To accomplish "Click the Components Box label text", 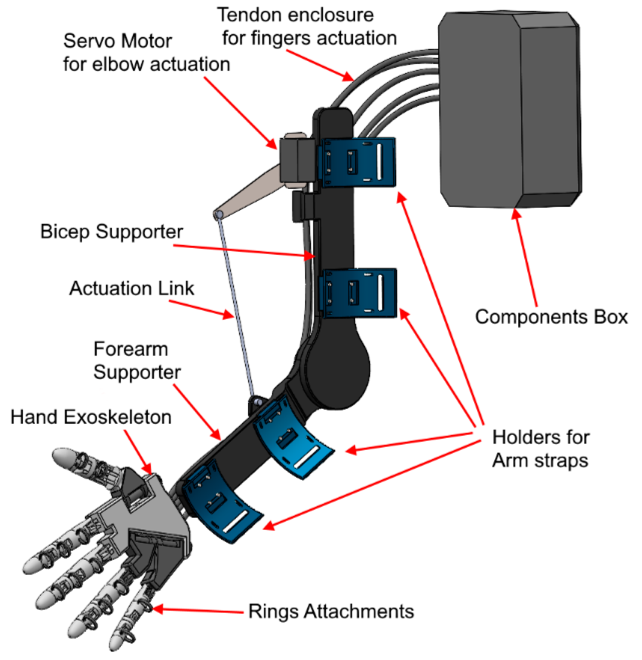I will tap(551, 317).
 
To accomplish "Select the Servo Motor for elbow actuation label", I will tap(146, 53).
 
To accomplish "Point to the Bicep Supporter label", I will tap(111, 232).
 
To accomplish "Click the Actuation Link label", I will tap(131, 289).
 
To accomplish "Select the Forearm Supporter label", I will tap(136, 361).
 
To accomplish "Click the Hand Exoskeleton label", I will tap(91, 418).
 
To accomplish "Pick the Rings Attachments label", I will tap(331, 612).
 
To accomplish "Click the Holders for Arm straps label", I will tap(540, 449).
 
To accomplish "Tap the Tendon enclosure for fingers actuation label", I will tap(306, 27).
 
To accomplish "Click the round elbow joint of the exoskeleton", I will tap(337, 372).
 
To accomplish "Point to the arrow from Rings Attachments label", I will tap(198, 610).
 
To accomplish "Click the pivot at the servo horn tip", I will tap(218, 214).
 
